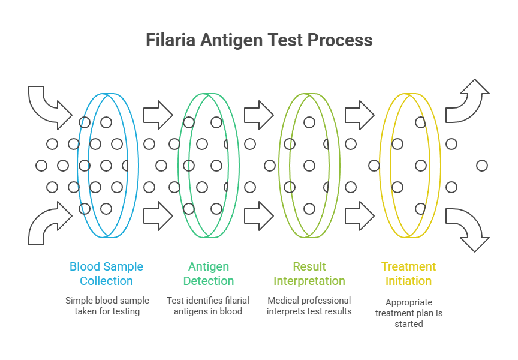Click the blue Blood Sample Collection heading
coord(107,274)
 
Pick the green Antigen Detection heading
coord(209,274)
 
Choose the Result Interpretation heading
coord(309,274)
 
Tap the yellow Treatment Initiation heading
coord(409,274)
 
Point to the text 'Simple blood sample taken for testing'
coord(107,305)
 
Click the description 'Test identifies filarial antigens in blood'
coord(209,305)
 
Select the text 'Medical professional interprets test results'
coord(309,305)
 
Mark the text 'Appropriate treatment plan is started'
coord(409,313)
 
